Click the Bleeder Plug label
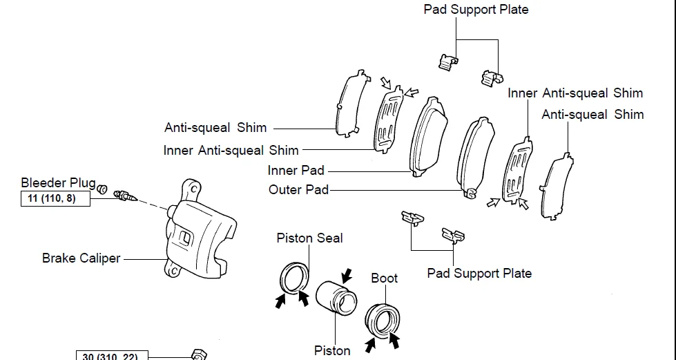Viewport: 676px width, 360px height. pos(58,183)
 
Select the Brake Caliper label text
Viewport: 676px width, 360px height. pos(81,258)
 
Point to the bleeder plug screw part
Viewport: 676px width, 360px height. pos(124,196)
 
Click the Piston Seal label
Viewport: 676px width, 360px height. pos(309,238)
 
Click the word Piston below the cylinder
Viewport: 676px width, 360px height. pos(332,351)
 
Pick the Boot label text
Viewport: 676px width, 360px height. pos(384,278)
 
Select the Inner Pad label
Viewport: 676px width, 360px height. pos(296,170)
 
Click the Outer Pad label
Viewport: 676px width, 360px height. pos(298,189)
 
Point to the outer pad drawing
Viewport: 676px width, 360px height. pos(476,155)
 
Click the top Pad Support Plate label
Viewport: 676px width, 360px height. pos(476,10)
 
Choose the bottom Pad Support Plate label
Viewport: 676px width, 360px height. pos(479,273)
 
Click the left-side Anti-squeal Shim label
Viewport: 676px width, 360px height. pos(215,128)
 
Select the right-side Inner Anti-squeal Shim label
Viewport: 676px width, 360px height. pos(574,93)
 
